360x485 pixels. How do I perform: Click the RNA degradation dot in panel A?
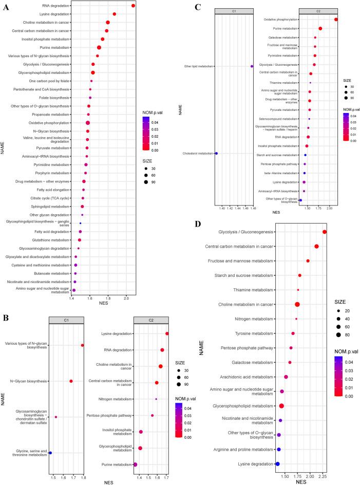tap(133, 6)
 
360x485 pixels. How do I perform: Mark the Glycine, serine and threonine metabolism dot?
tap(50, 453)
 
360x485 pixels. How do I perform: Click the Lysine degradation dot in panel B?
tap(167, 333)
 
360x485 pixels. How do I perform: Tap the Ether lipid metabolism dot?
tap(252, 66)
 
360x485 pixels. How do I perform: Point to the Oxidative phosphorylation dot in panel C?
tap(336, 20)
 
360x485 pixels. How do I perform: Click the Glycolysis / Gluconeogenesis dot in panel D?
tap(325, 232)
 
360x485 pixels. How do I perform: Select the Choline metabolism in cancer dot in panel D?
tap(297, 305)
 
